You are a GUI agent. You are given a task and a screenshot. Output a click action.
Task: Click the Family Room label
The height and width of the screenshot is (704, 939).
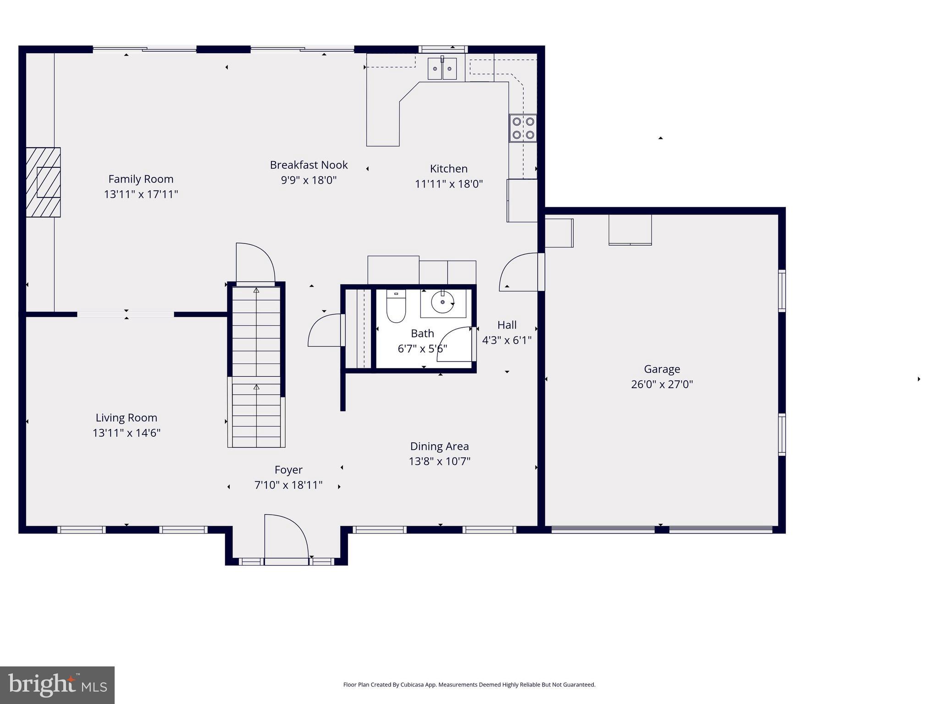coord(141,179)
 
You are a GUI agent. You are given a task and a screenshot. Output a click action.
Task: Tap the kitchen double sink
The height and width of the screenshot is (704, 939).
coord(442,69)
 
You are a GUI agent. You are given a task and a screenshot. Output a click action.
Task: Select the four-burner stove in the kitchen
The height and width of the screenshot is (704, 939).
coord(523,128)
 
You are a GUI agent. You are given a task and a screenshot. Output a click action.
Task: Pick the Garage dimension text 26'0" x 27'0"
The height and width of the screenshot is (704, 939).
coord(662,384)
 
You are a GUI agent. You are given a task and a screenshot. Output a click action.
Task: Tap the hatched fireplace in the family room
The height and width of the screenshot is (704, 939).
coord(43,182)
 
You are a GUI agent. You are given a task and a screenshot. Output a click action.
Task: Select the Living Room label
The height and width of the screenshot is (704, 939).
coord(126,418)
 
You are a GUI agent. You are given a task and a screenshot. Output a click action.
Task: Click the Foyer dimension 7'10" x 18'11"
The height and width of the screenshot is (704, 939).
coord(288,485)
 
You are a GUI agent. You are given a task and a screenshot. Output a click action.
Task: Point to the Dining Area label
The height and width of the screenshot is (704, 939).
coord(439,446)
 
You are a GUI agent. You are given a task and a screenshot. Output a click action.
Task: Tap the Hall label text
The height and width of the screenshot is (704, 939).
coord(507,325)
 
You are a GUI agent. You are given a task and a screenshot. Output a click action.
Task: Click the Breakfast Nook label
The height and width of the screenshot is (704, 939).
coord(309,165)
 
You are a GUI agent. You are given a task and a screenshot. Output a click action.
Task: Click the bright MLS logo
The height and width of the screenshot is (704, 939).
coord(57,685)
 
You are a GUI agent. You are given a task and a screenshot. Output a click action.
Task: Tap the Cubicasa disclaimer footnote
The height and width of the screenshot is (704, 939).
coord(469,685)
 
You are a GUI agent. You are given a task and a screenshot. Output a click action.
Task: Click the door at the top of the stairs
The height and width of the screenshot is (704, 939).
coord(255,263)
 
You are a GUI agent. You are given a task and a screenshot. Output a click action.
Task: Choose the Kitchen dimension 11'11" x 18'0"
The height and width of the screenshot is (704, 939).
coord(448,184)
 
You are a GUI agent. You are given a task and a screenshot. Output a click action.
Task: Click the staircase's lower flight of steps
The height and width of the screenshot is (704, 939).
coord(256,415)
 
